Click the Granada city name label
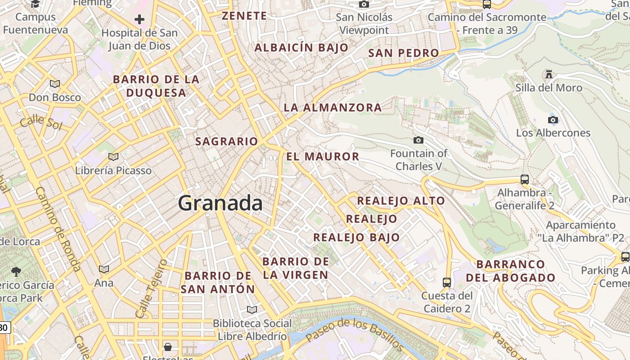tap(220, 203)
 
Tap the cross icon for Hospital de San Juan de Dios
tap(139, 19)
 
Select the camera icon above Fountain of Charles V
tap(418, 140)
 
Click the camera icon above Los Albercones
tap(553, 120)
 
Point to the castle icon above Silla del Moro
tap(549, 74)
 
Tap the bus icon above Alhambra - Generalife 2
tap(524, 179)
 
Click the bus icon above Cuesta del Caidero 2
tap(447, 282)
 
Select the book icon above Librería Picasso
tap(113, 157)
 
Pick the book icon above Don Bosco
tap(55, 84)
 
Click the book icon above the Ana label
tap(104, 269)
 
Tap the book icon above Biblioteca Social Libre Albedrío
tap(252, 310)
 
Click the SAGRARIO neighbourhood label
tap(227, 141)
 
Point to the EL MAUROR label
tap(323, 157)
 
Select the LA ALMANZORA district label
tap(333, 108)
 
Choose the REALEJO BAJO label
tap(356, 237)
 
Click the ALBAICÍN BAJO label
tap(301, 48)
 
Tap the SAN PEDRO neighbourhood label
tap(403, 53)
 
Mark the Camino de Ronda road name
tap(58, 229)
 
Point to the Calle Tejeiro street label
tap(151, 288)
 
